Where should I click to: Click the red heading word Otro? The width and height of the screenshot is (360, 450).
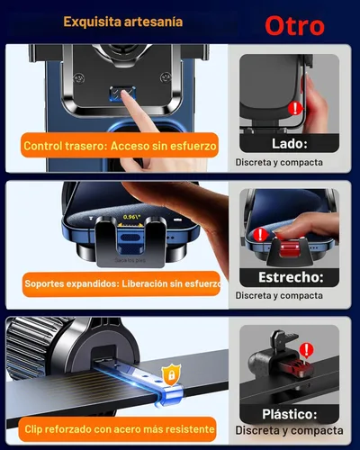click(294, 25)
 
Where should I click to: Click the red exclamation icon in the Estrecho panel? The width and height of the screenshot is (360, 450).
click(261, 234)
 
